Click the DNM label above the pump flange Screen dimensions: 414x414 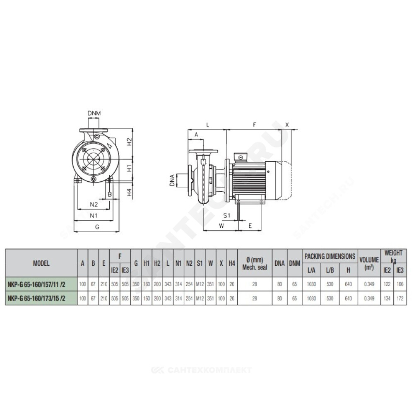pos(94,113)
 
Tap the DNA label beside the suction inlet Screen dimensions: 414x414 pos(172,180)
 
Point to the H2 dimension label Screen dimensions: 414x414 pos(129,142)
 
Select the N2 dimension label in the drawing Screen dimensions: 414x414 pos(94,204)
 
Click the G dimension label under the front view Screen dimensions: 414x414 pos(97,227)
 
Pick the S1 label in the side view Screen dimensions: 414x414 pos(227,215)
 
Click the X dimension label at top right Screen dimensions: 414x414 pos(287,125)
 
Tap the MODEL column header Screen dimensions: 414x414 pos(41,263)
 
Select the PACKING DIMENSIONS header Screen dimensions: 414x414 pos(330,256)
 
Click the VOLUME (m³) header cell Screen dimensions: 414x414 pos(369,263)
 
